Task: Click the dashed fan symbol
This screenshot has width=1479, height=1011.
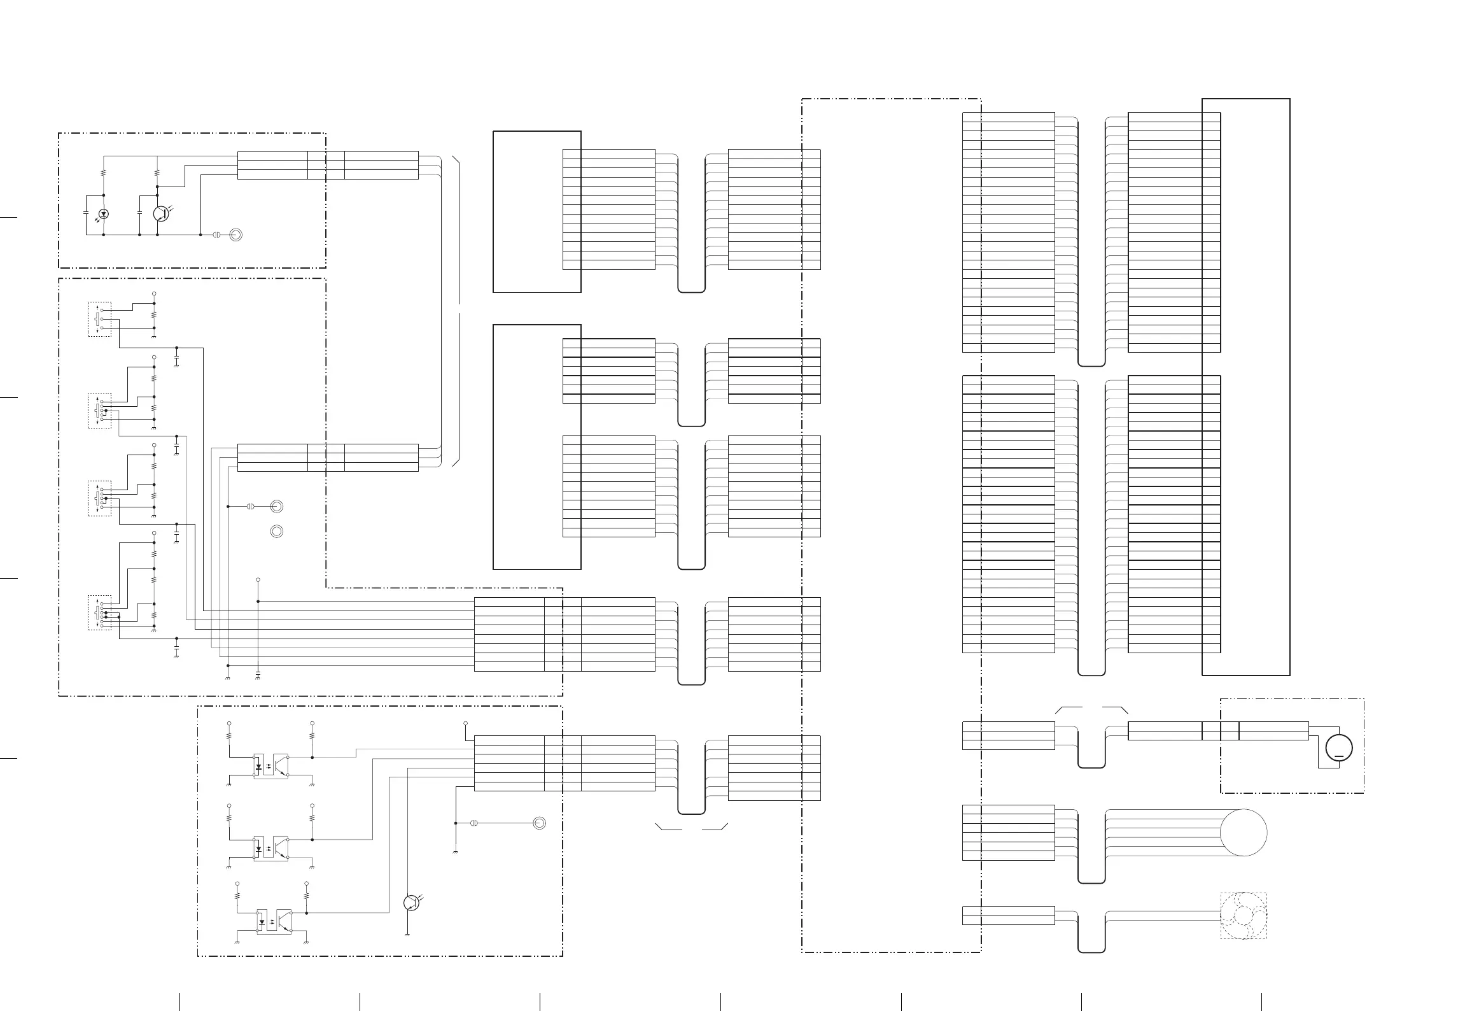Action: [1243, 916]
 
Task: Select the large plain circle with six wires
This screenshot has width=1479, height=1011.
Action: [1244, 833]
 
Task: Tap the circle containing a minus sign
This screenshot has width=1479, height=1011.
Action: [1339, 747]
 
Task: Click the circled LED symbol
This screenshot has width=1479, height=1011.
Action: [104, 214]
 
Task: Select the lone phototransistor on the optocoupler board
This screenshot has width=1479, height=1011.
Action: [411, 903]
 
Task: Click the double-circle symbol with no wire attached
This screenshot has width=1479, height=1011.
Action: [277, 531]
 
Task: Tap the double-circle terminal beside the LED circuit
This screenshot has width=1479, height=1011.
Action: [235, 235]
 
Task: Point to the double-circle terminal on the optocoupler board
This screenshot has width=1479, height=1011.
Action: [539, 823]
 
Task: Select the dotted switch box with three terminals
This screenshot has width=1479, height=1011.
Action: [99, 319]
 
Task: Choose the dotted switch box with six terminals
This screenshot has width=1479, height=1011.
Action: [99, 612]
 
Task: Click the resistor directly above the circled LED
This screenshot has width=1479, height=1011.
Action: [104, 173]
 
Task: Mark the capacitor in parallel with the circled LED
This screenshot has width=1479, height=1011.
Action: [87, 213]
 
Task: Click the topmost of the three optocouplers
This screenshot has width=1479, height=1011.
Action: [272, 765]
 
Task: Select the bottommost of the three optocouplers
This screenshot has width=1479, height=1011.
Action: [274, 921]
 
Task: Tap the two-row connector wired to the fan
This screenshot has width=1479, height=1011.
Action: [1009, 915]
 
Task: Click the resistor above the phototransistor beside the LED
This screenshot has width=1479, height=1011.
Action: [157, 173]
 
